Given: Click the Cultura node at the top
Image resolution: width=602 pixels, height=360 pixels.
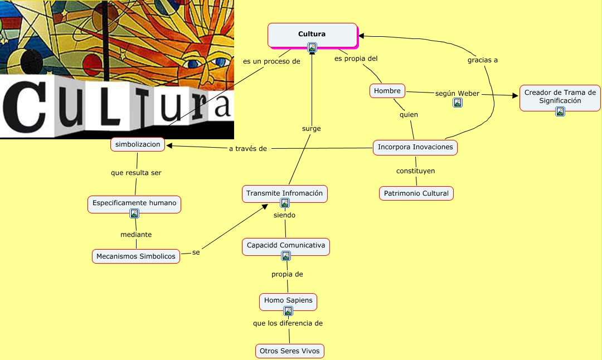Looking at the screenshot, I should [x=312, y=35].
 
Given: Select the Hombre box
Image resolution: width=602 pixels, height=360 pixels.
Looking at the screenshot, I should [x=387, y=91].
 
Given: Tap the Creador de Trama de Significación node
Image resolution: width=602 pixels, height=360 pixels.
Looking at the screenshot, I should [x=560, y=96].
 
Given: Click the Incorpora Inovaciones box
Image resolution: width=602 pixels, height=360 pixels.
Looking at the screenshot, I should [x=415, y=148].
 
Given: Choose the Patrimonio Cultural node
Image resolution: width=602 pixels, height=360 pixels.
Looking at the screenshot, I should [x=416, y=193].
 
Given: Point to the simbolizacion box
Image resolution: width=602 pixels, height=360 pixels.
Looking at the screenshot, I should [x=138, y=144].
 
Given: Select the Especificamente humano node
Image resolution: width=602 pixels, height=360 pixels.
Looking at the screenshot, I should [x=134, y=203].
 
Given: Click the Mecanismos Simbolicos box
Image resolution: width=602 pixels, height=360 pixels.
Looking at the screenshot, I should [x=136, y=256].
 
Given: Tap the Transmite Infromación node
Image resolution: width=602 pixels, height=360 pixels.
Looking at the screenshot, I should [x=285, y=193].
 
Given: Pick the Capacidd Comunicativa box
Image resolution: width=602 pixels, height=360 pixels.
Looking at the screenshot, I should [x=285, y=246].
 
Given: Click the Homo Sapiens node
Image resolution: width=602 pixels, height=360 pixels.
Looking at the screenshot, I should [x=288, y=300].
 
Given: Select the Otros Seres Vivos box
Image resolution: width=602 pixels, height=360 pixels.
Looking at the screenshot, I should [x=289, y=351].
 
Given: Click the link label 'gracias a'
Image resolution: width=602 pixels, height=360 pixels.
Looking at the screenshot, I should [x=482, y=60].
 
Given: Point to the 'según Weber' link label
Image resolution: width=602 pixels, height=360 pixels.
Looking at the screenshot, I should [x=457, y=93].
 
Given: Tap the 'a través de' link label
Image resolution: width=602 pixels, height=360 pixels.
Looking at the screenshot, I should [x=248, y=149].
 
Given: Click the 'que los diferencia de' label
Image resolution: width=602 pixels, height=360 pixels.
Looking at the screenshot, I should [x=288, y=323].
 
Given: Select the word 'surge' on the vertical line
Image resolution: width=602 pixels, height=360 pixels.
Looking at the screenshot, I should [x=311, y=128].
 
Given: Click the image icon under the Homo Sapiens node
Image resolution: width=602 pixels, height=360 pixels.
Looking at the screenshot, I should [x=288, y=311].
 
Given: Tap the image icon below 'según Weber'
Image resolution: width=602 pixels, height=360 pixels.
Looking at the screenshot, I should [x=458, y=103].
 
